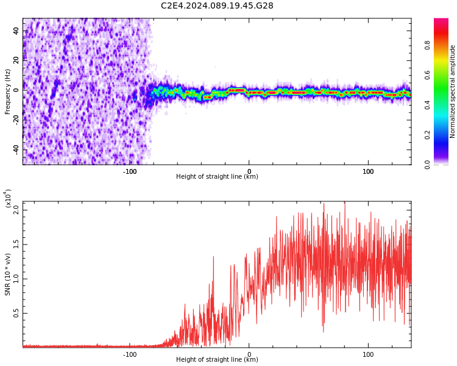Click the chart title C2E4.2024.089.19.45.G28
click(217, 6)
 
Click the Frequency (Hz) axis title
click(8, 91)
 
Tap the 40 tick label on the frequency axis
click(16, 30)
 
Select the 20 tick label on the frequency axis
click(16, 60)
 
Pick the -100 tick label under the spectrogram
click(130, 171)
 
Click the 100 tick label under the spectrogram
click(368, 171)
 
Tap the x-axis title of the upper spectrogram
click(217, 177)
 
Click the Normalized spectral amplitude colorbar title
click(453, 91)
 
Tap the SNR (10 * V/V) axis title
click(8, 274)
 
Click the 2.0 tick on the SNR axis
click(16, 209)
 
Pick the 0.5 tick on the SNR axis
click(16, 314)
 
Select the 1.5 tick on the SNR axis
click(16, 244)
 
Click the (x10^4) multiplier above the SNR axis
click(8, 199)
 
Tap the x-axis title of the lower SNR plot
click(217, 360)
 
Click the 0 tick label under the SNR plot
click(249, 354)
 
